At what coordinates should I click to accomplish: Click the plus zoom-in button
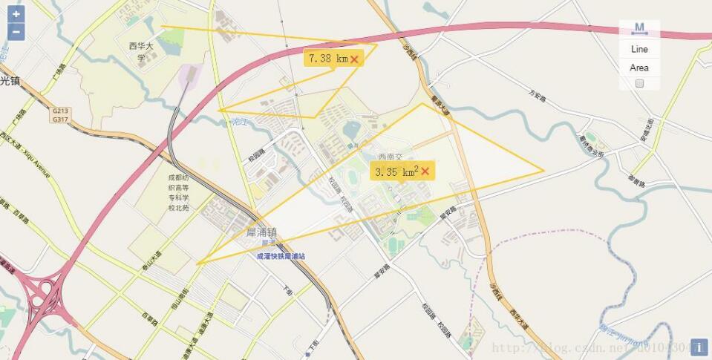point(16,14)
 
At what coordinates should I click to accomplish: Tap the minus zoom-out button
point(16,31)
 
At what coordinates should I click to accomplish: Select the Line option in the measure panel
point(639,49)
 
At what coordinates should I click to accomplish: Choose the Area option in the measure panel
point(639,68)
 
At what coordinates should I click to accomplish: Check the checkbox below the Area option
point(639,83)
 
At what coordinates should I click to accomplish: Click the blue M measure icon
point(639,28)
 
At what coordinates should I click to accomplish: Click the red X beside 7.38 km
point(355,59)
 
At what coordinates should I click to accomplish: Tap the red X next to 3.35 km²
point(425,171)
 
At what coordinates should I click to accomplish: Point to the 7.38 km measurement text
point(328,58)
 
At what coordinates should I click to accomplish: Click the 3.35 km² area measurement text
point(396,171)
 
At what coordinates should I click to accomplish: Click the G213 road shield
point(60,110)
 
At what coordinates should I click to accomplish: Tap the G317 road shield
point(60,119)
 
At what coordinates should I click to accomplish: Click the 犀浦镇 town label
point(261,232)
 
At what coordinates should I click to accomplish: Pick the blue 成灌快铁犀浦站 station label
point(281,255)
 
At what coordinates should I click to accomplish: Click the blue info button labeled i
point(698,347)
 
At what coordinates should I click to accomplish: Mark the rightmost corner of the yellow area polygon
point(543,171)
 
